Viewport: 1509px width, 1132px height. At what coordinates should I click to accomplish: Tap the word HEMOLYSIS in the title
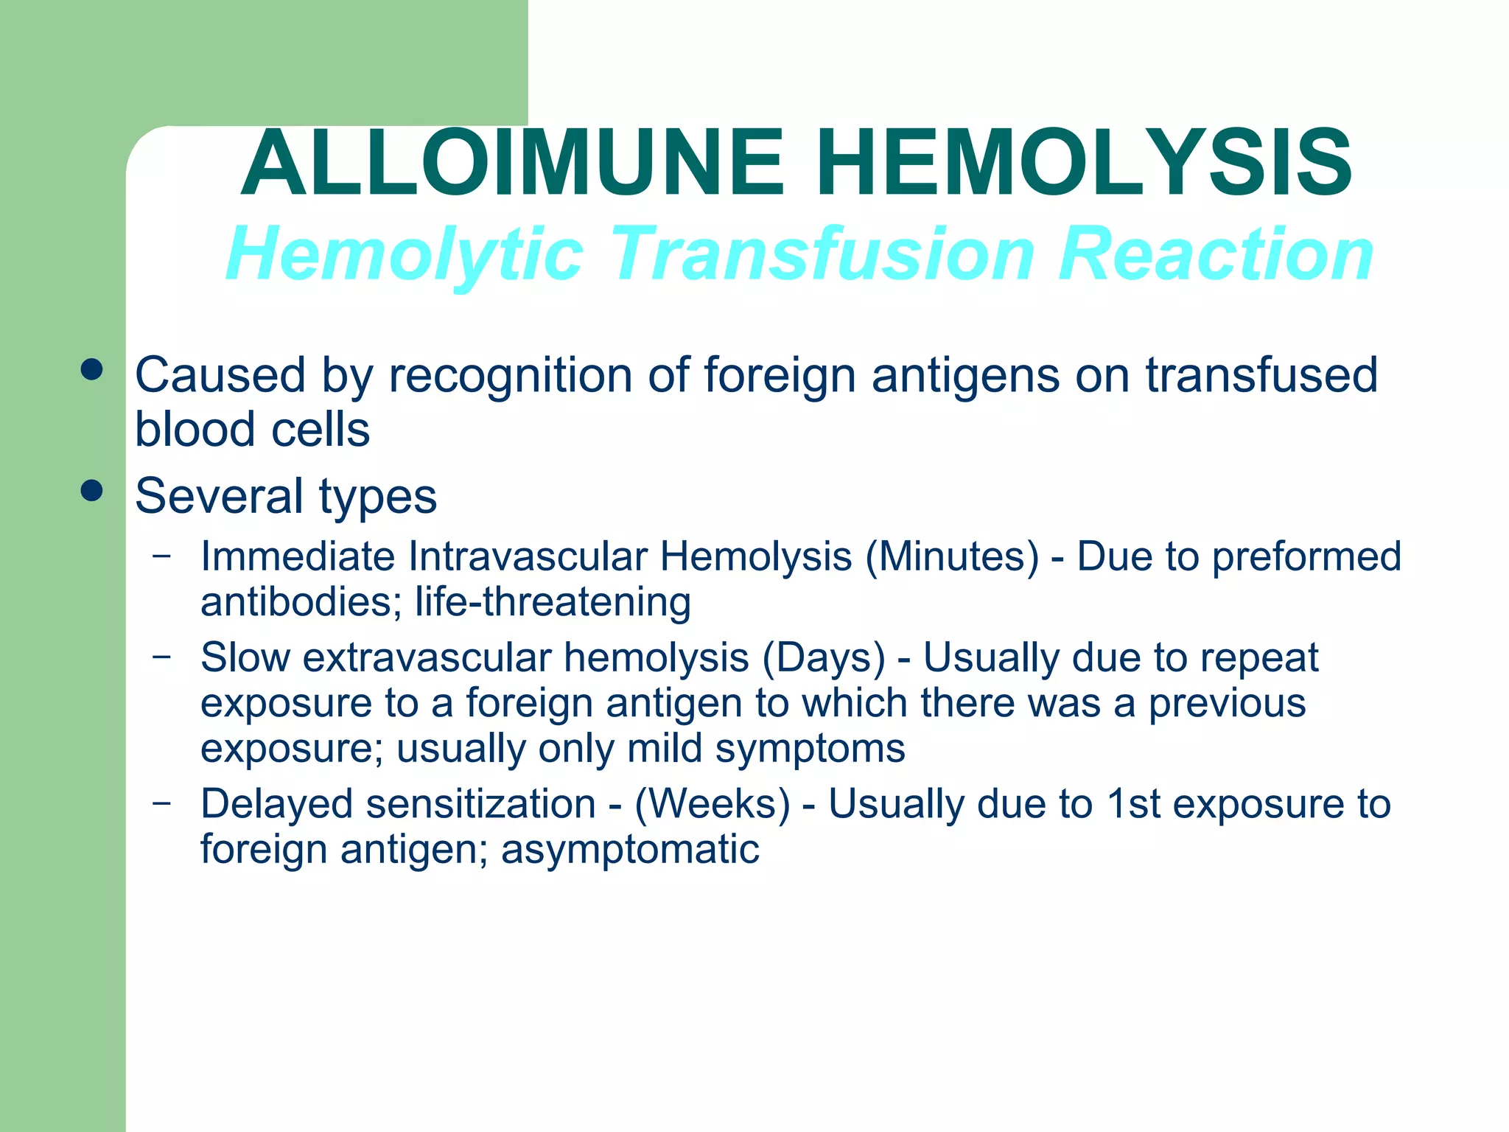tap(1084, 164)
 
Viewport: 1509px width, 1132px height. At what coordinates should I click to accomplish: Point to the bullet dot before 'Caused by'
tap(92, 370)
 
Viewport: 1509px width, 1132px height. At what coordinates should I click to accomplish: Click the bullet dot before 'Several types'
tap(92, 491)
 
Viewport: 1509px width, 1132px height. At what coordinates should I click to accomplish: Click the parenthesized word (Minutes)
tap(952, 557)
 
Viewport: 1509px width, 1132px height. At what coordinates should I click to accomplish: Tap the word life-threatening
tap(553, 602)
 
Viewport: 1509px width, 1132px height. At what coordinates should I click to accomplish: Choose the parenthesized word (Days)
tap(824, 658)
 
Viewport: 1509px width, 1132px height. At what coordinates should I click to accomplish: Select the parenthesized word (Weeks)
tap(713, 804)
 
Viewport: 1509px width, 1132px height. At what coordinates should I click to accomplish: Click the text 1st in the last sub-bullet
tap(1135, 804)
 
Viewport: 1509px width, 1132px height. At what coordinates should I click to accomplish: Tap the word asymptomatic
tap(630, 850)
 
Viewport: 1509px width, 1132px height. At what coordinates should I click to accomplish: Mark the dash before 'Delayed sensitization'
tap(162, 802)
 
